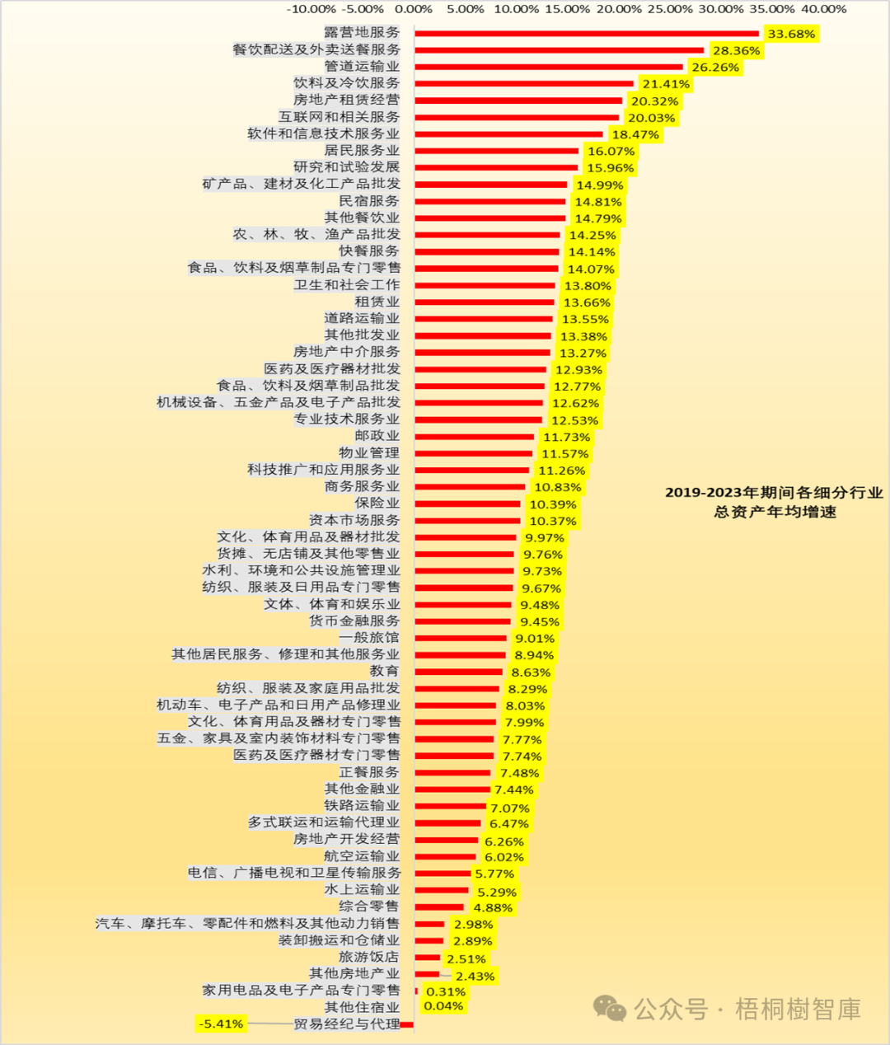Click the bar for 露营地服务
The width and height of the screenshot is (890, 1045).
coord(586,34)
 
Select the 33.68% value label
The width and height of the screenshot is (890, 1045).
coord(791,34)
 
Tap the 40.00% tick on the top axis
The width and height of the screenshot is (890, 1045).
coord(823,9)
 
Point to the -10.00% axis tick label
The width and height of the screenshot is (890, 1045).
coord(311,9)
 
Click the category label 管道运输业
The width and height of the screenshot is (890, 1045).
coord(362,66)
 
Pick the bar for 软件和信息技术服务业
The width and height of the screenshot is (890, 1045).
coord(508,134)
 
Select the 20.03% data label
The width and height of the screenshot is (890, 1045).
coord(651,118)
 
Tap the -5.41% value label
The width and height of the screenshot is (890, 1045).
coord(221,1024)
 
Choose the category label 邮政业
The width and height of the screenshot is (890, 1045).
coord(377,435)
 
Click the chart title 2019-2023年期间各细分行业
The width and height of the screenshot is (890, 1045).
coord(774,493)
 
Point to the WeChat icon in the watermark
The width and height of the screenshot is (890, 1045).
coord(611,1009)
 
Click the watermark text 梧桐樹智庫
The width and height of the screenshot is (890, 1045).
coord(798,1009)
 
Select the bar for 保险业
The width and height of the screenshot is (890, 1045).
coord(467,504)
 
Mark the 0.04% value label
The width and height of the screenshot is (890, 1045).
coord(443,1005)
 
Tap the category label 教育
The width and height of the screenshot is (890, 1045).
coord(384,671)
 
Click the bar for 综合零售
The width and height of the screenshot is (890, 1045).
coord(439,907)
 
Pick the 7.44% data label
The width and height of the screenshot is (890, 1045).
coord(514,790)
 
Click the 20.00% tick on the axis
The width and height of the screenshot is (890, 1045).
coord(618,9)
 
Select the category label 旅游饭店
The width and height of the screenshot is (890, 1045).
coord(368,957)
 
